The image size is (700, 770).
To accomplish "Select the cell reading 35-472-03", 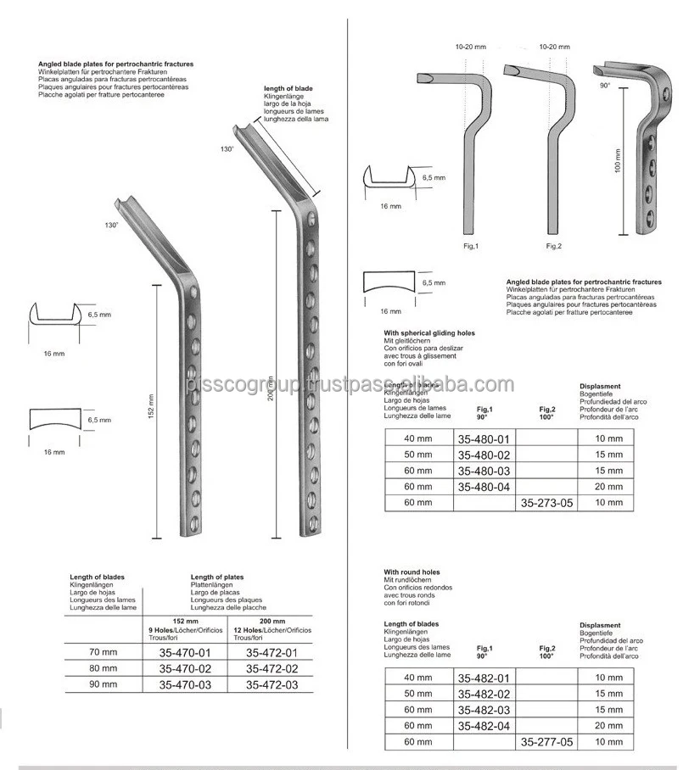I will tap(272, 684).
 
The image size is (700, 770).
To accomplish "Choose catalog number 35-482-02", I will tap(484, 694).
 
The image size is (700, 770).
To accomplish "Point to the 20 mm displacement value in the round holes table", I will tap(608, 725).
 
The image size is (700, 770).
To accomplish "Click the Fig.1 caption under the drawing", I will tap(471, 246).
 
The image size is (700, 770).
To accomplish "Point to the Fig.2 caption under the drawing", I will tap(553, 246).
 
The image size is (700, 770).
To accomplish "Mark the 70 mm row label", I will tap(104, 652).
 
